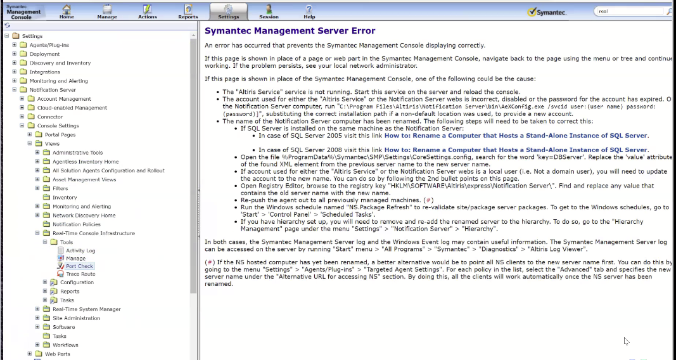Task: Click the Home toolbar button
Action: coord(67,11)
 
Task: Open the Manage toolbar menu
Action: coord(106,11)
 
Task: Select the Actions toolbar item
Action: coord(147,11)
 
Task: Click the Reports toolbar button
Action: coord(188,11)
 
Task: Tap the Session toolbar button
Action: coord(269,11)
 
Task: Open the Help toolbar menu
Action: coord(309,11)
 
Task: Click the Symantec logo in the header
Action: coord(547,12)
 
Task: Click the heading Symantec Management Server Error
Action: coord(290,30)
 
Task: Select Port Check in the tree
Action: coord(80,266)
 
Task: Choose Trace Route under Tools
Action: coord(80,274)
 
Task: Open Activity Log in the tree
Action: coord(80,251)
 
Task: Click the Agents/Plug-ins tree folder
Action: coord(49,45)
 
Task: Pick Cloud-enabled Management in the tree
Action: coord(72,108)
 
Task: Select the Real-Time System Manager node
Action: coord(86,309)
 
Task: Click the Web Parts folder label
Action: coord(58,354)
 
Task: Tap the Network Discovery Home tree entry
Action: coord(84,215)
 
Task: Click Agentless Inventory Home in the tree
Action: coord(86,162)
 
